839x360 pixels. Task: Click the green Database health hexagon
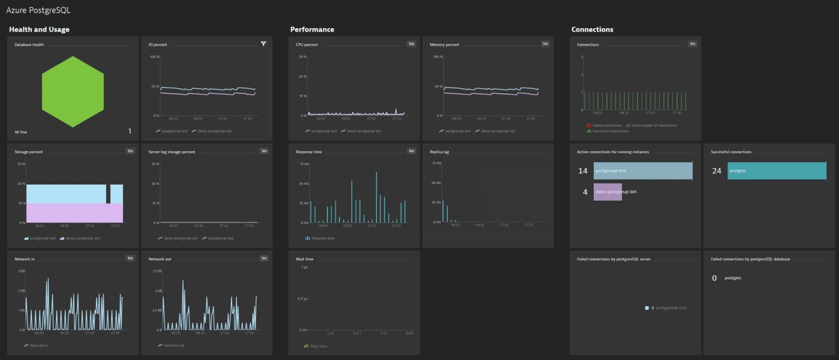pos(73,91)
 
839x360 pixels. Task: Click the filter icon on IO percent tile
pos(263,44)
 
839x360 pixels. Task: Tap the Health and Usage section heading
pos(39,29)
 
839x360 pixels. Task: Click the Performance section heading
pos(312,29)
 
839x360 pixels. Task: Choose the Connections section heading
pos(592,29)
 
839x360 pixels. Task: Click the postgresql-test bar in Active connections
pos(643,171)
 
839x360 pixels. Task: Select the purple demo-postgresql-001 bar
pos(608,192)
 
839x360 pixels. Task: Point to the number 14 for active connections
pos(582,171)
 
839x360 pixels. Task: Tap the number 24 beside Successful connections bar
pos(716,171)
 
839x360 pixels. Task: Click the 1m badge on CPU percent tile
pos(411,44)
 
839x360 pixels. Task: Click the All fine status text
pos(21,131)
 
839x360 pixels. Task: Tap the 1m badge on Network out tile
pos(264,258)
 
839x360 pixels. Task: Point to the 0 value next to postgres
pos(714,278)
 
